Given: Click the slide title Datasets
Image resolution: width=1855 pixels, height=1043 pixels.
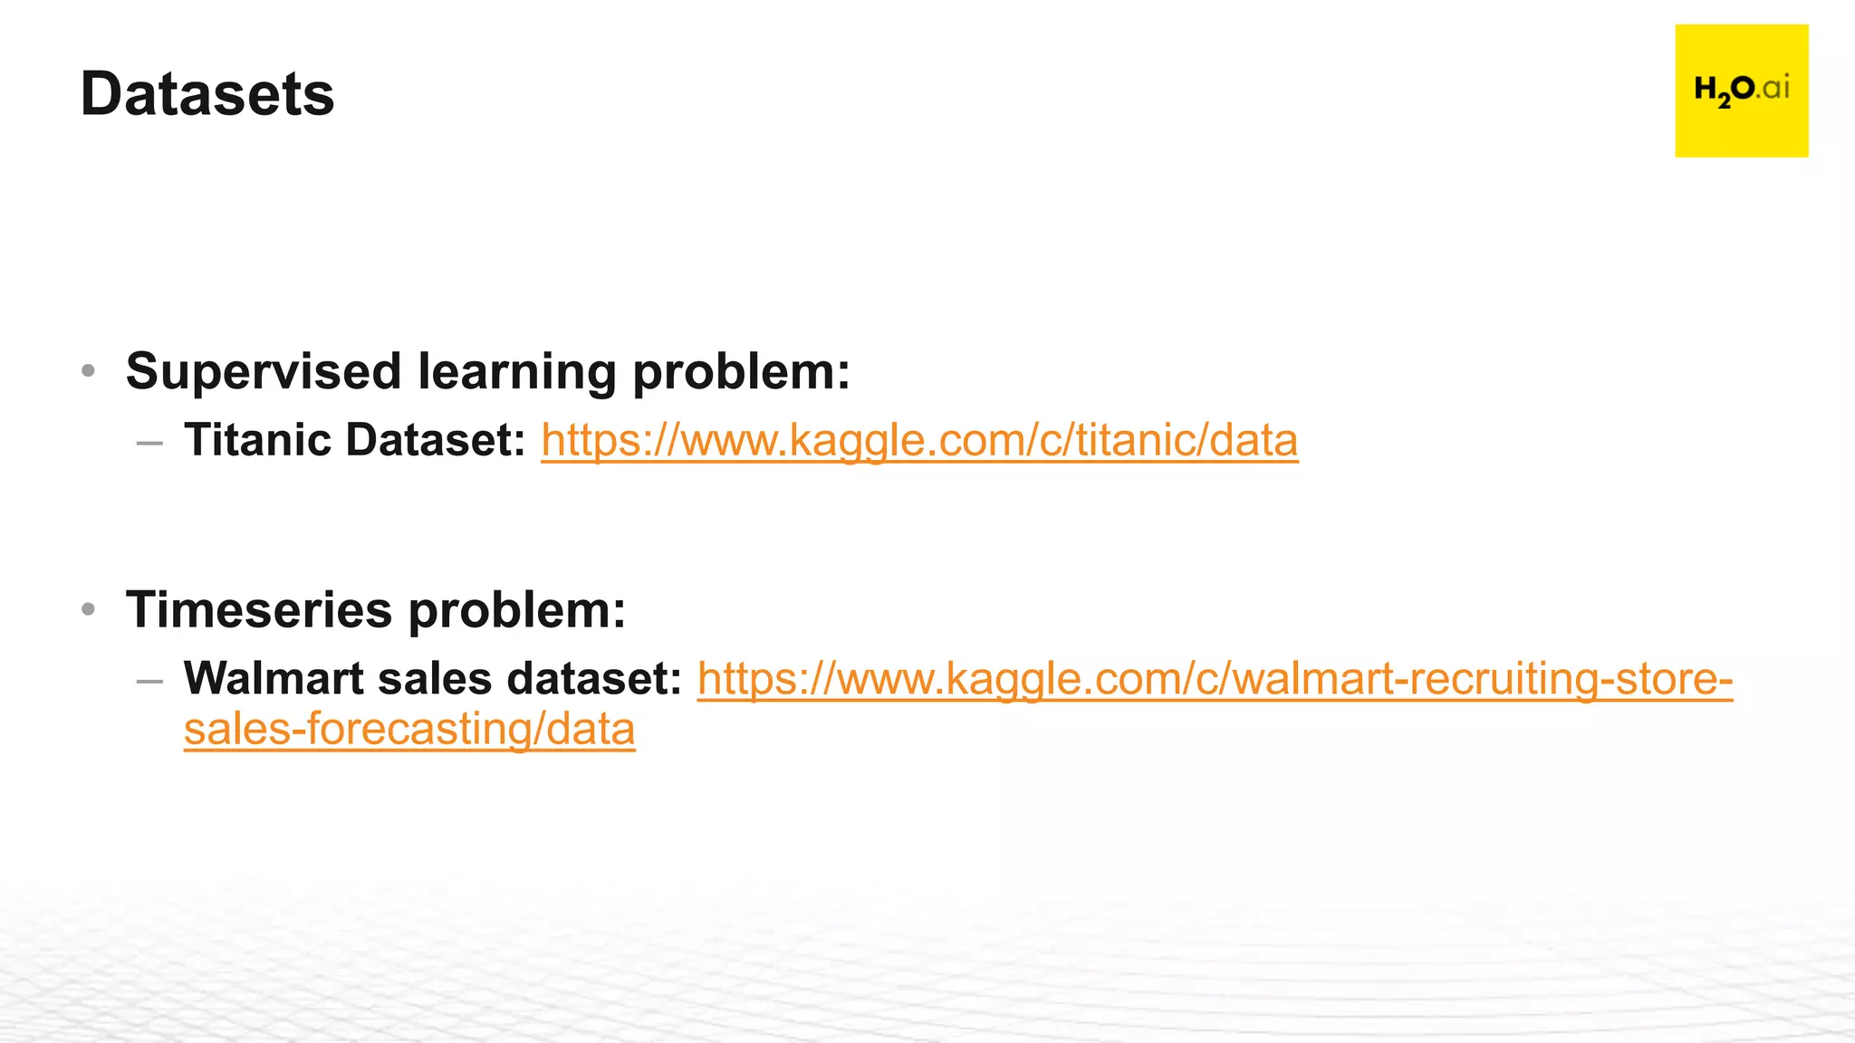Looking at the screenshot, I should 207,94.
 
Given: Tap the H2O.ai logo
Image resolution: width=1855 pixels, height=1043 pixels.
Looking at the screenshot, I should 1741,91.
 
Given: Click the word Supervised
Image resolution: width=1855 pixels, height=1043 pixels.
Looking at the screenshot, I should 263,371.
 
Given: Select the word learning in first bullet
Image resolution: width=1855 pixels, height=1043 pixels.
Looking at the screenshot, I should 516,371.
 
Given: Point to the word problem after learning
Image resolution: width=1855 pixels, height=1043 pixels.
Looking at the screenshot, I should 741,371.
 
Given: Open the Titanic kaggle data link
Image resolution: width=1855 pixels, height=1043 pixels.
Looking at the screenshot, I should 919,441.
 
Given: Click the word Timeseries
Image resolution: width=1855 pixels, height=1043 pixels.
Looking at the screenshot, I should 258,609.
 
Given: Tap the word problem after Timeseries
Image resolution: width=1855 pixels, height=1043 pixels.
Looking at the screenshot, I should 516,609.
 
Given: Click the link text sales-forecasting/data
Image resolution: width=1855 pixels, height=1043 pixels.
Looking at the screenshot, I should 409,730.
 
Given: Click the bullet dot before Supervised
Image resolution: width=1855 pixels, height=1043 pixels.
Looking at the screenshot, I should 88,370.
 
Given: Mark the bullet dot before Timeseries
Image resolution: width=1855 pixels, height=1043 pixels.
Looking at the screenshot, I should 88,609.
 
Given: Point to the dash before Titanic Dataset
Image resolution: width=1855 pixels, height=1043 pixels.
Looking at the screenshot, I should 149,443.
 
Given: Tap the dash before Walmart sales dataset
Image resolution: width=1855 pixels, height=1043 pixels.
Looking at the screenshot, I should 149,681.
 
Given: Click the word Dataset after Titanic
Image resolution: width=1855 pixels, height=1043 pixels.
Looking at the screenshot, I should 435,440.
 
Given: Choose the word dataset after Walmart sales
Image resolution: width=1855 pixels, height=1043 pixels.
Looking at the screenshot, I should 593,678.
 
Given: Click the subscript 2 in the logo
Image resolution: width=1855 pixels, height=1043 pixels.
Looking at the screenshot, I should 1724,100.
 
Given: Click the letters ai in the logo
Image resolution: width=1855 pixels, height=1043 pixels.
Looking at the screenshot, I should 1776,88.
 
